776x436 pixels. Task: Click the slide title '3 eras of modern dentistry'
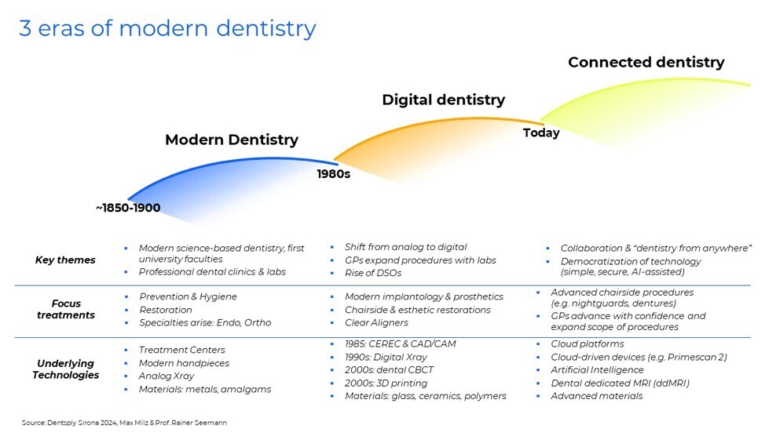[x=167, y=28]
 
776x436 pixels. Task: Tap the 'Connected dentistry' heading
[x=646, y=63]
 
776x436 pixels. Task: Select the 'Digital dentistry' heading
[x=443, y=100]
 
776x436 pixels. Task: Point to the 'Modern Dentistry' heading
[x=232, y=140]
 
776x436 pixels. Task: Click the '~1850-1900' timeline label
[x=128, y=208]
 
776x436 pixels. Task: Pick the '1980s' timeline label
[x=333, y=173]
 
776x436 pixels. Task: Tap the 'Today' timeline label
[x=541, y=133]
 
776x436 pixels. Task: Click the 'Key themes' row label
[x=65, y=260]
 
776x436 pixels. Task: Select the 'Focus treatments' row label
[x=65, y=309]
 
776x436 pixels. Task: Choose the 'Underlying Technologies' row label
[x=65, y=369]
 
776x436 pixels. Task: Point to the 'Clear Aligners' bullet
[x=376, y=322]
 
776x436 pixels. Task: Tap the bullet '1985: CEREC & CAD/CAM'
[x=400, y=343]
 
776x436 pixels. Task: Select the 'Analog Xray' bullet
[x=166, y=376]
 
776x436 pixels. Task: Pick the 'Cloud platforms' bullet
[x=587, y=343]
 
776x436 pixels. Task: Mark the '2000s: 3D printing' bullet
[x=386, y=383]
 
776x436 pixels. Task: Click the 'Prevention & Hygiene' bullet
[x=188, y=296]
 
